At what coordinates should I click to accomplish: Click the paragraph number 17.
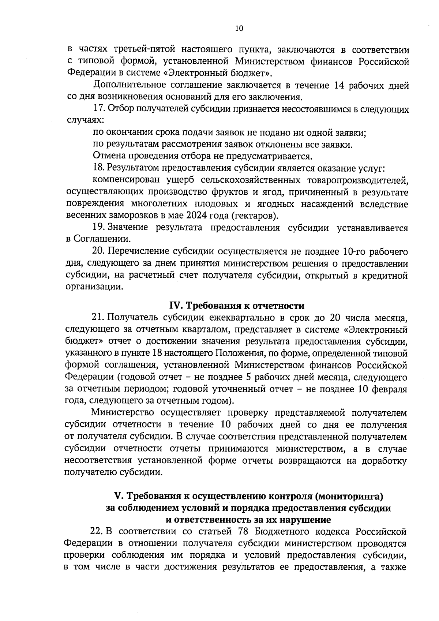pos(100,109)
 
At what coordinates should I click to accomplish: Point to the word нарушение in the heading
pos(310,520)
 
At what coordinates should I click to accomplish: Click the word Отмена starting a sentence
pos(108,156)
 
